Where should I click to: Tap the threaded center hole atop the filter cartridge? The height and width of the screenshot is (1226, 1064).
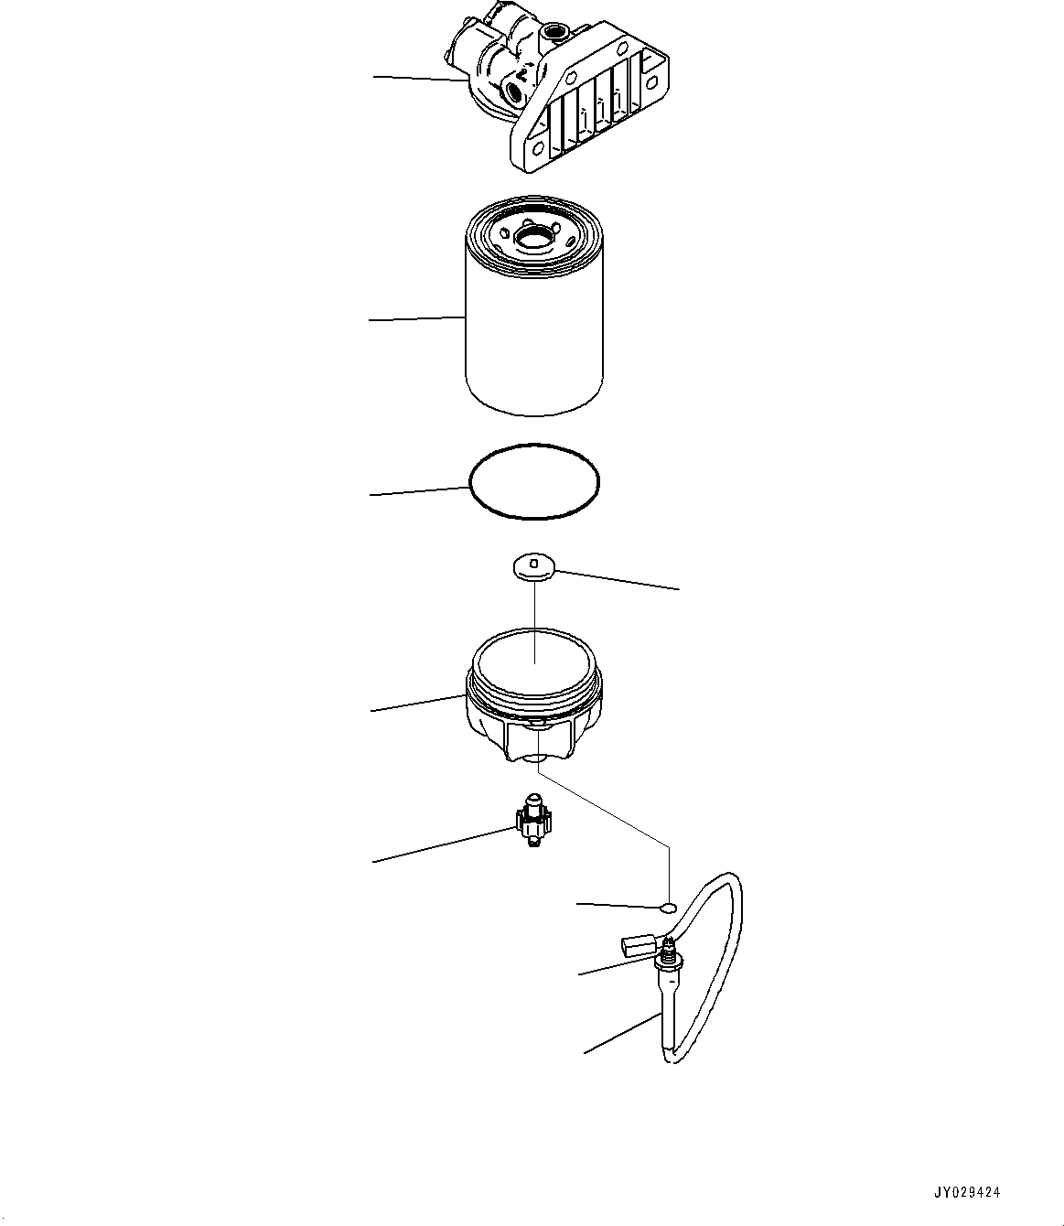coord(533,239)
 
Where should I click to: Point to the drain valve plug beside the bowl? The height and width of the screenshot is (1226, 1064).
coord(530,823)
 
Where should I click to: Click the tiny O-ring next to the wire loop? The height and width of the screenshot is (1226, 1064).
coord(669,908)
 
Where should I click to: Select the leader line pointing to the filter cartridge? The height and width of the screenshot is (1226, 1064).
coord(417,319)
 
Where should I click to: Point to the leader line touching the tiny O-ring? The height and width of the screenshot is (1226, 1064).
coord(618,905)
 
